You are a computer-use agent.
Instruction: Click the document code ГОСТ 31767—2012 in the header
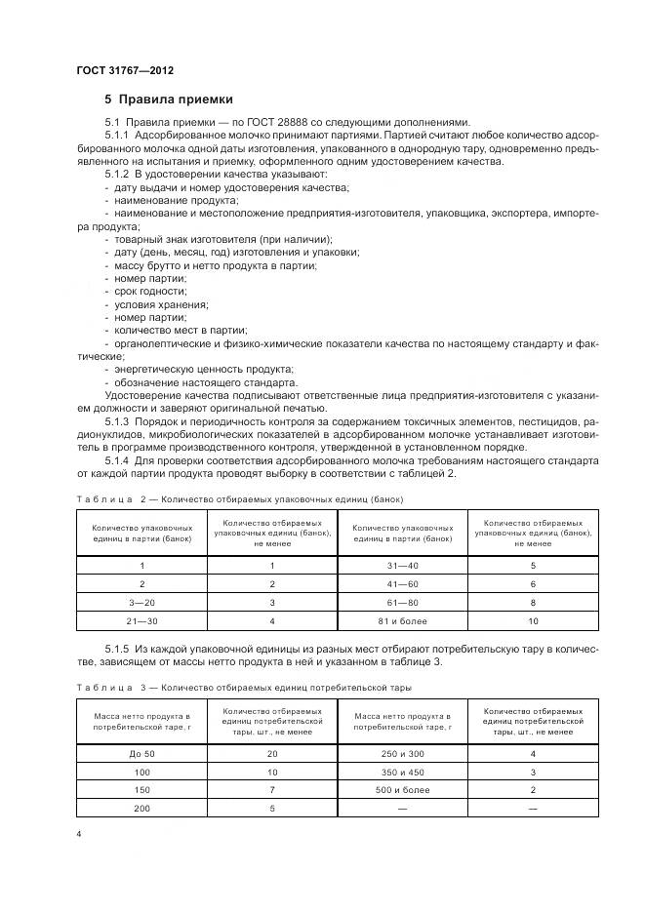pyautogui.click(x=124, y=70)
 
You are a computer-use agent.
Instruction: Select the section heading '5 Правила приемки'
pyautogui.click(x=169, y=99)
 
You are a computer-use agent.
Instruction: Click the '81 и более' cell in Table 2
pyautogui.click(x=402, y=621)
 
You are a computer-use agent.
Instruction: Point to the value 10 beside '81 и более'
pyautogui.click(x=533, y=621)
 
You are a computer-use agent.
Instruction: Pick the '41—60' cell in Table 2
pyautogui.click(x=402, y=584)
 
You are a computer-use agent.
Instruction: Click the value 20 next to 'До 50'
pyautogui.click(x=272, y=754)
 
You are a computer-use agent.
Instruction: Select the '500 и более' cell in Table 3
pyautogui.click(x=402, y=791)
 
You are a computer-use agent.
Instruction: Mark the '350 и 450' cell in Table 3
pyautogui.click(x=402, y=773)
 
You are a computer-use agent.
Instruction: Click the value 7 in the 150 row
pyautogui.click(x=272, y=791)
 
